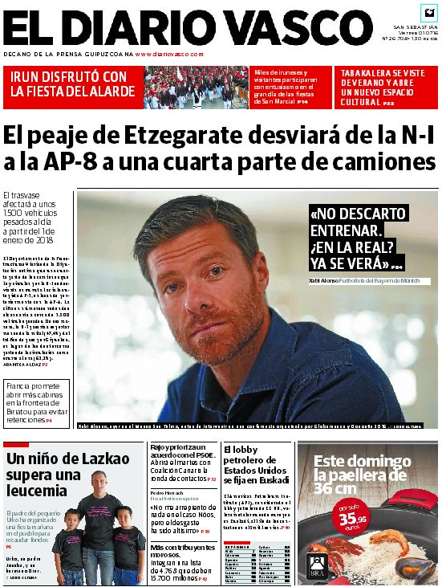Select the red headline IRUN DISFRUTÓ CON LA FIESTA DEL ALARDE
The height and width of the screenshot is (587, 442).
tap(71, 84)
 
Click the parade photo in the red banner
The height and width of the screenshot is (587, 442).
tap(196, 87)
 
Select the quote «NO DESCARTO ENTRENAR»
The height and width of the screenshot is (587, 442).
tap(358, 222)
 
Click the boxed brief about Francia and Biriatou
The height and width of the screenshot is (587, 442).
tap(37, 402)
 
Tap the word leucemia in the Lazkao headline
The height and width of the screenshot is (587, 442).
tap(37, 490)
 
